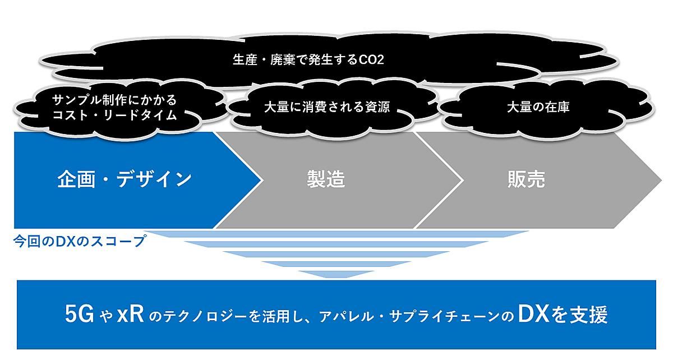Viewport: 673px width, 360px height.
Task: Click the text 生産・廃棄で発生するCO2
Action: pyautogui.click(x=308, y=59)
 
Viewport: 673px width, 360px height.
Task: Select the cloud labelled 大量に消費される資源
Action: pyautogui.click(x=327, y=107)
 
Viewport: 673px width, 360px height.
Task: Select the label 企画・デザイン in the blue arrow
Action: pyautogui.click(x=125, y=179)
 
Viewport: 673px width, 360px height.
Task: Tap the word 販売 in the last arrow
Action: pyautogui.click(x=526, y=179)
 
